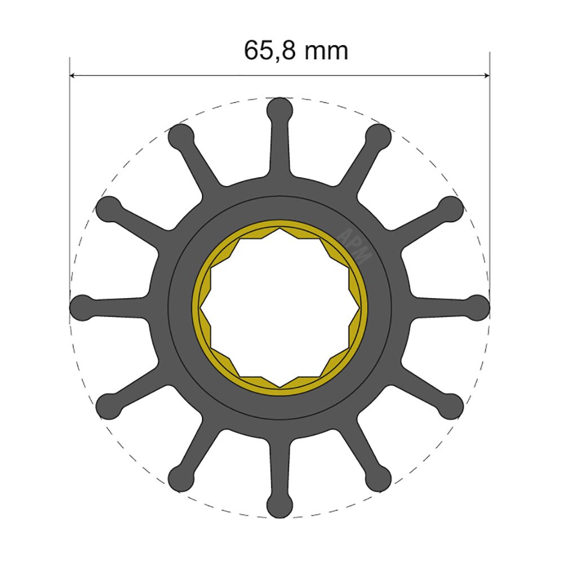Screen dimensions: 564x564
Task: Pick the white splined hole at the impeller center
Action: coord(280,307)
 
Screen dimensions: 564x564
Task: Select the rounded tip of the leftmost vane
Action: coord(82,307)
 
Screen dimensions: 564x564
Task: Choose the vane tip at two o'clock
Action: coord(451,208)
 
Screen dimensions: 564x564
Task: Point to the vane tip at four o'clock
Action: coord(451,407)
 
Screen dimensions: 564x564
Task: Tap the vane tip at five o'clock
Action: coord(378,479)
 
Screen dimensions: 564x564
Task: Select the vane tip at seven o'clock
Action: coord(180,479)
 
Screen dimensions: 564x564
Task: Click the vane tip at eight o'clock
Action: coord(108,407)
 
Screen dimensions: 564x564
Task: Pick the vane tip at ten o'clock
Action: coord(108,208)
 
